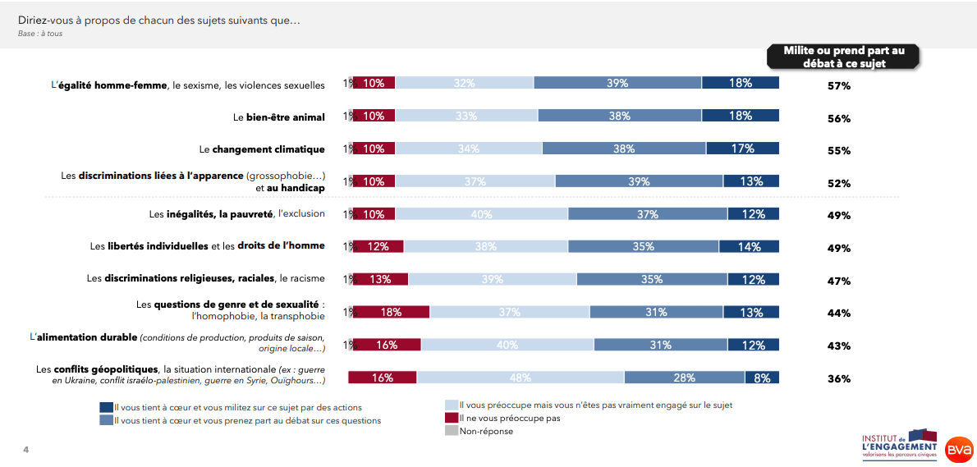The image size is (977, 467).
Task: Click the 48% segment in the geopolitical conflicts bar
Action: pos(521,378)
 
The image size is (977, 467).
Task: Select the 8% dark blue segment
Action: pos(762,378)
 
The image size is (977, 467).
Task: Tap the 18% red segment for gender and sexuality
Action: pos(391,312)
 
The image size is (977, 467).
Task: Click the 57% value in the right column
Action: pos(838,86)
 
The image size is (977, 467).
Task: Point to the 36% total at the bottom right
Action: pos(838,379)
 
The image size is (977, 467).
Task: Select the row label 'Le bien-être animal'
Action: pos(279,117)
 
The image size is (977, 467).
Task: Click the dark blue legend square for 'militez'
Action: pos(106,407)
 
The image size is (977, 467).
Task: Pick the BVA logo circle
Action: pos(958,448)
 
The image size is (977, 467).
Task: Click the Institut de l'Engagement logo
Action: pos(899,444)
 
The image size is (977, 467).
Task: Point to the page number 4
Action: pos(25,450)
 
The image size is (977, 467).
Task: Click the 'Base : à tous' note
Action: pos(40,34)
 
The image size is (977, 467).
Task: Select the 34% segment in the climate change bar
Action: pos(469,149)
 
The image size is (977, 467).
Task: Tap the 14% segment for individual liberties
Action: pos(749,246)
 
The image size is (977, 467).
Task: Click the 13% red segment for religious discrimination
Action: pos(380,279)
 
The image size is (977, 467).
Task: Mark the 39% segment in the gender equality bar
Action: pos(617,83)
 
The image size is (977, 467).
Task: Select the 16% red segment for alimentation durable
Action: pos(386,346)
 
